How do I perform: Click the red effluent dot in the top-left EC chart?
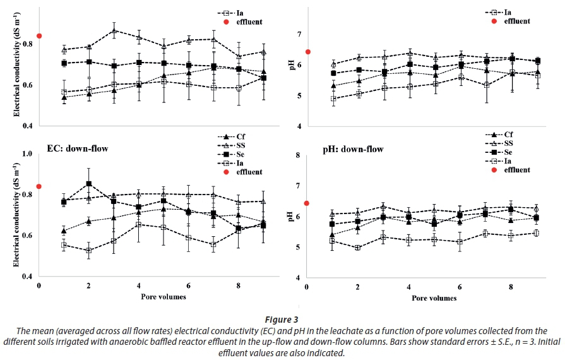[39, 36]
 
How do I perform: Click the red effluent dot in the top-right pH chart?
[307, 52]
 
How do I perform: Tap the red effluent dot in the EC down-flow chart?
[39, 186]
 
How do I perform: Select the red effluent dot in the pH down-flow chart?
[307, 203]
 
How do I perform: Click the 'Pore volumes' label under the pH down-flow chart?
[435, 297]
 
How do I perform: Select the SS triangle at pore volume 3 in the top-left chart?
[114, 30]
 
